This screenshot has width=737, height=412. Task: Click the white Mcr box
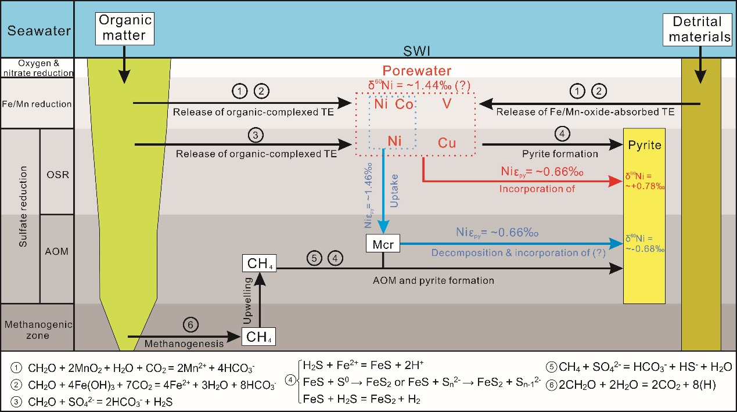click(x=383, y=244)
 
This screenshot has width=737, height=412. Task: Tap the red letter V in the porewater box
click(x=446, y=104)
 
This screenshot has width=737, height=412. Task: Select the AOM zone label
click(x=56, y=251)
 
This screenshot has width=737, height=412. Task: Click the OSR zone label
click(x=56, y=174)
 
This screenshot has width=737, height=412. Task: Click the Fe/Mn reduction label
click(x=37, y=104)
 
